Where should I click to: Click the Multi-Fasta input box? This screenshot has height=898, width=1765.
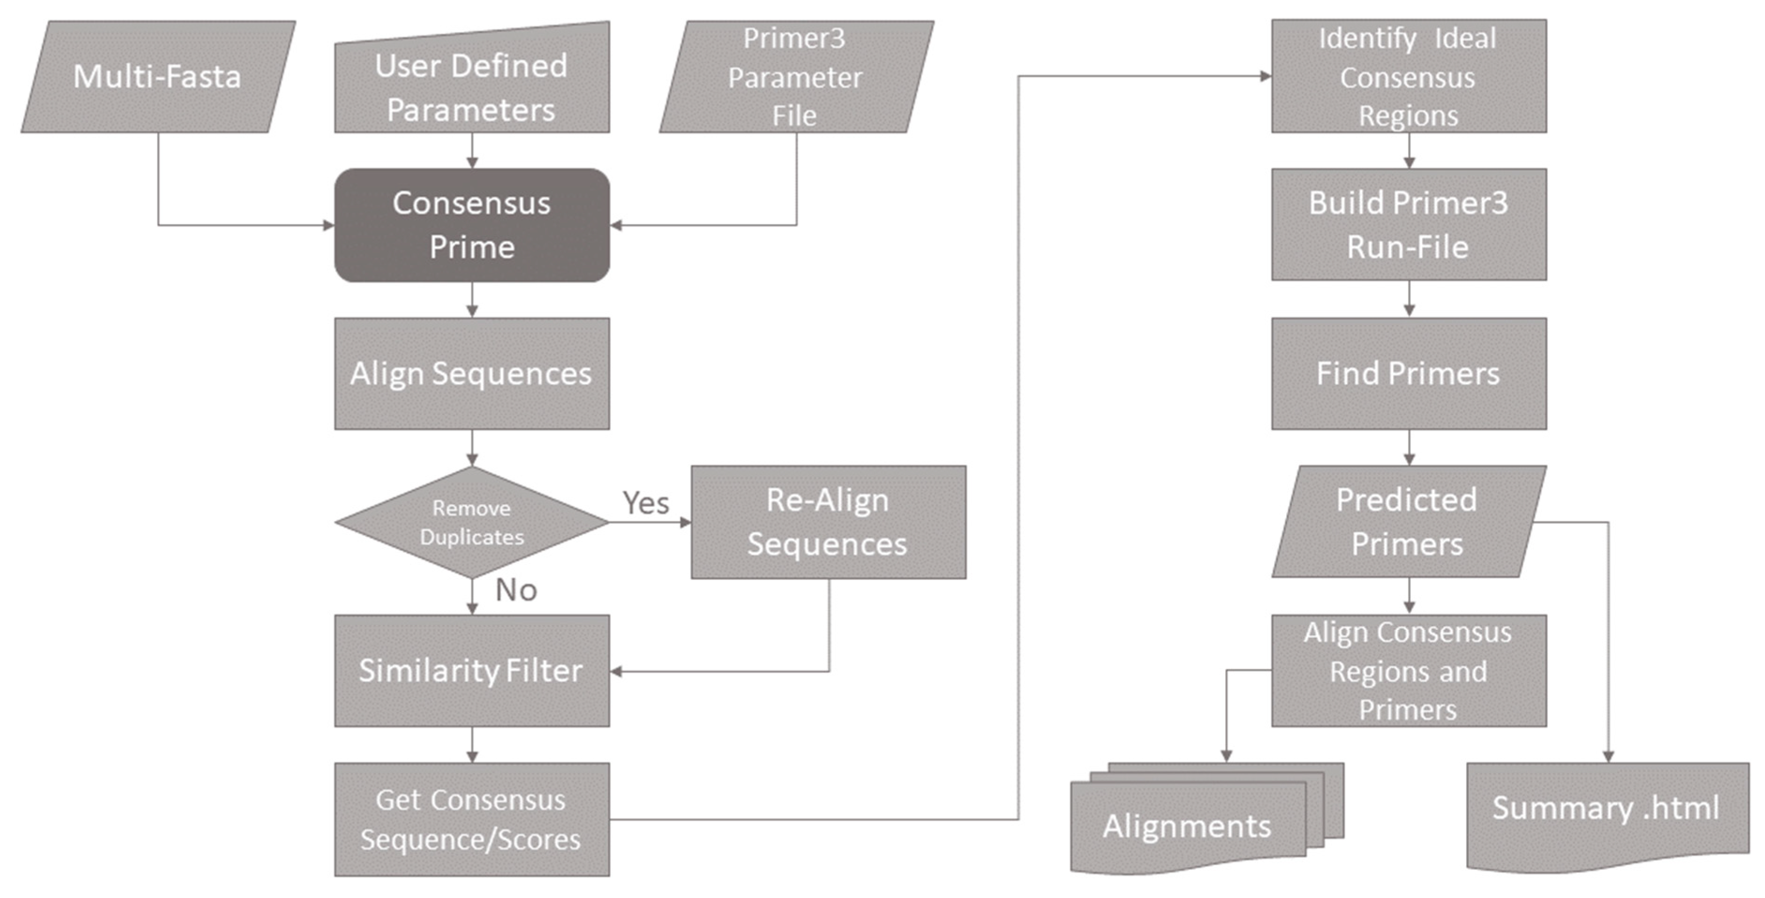pos(157,77)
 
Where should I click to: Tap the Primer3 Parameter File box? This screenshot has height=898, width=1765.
pos(795,77)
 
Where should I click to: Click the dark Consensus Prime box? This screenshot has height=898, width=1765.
pos(471,225)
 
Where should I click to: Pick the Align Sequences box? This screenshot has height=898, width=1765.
pos(471,373)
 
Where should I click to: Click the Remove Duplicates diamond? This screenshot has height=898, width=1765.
pos(471,522)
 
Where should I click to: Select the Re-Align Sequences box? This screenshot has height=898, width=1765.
pos(828,522)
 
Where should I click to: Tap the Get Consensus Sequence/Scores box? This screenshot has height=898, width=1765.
pos(471,819)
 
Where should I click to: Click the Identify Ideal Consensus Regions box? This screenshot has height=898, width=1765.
pos(1408,77)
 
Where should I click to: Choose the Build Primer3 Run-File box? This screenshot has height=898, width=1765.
pos(1408,225)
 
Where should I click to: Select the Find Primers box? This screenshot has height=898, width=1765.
pos(1408,373)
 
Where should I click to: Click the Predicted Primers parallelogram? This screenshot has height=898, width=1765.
pos(1408,522)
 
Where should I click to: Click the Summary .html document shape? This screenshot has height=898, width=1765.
pos(1607,812)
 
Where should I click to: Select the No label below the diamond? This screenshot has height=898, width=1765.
pos(516,590)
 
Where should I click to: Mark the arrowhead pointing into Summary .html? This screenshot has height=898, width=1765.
pos(1608,756)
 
